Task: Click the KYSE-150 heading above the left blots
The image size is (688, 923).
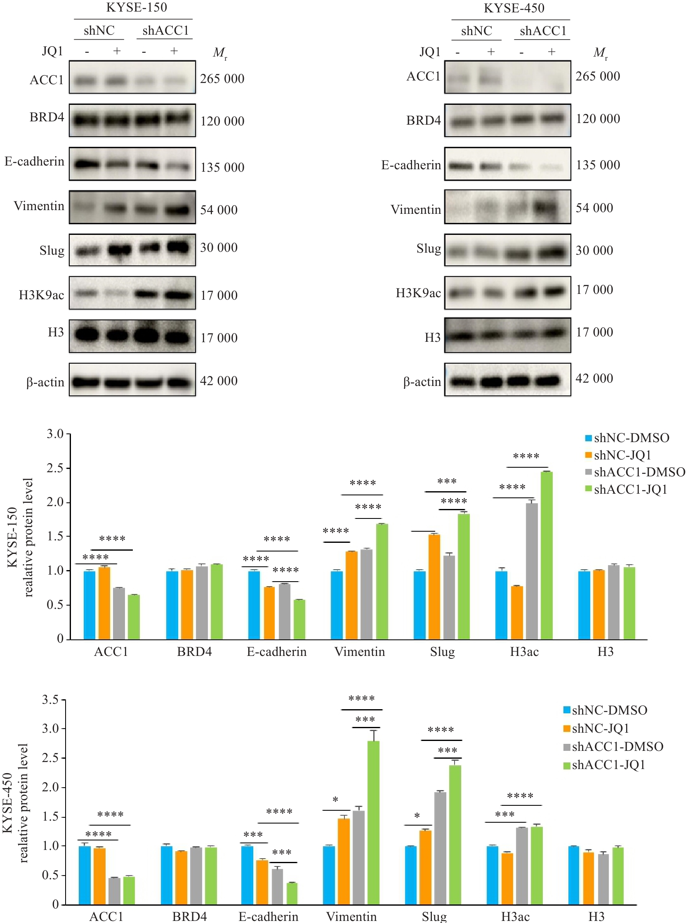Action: (x=136, y=7)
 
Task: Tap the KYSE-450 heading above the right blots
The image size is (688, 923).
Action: (x=514, y=8)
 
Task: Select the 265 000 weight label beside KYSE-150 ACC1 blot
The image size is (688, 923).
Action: (x=222, y=79)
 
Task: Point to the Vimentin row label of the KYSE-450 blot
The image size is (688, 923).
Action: (x=415, y=210)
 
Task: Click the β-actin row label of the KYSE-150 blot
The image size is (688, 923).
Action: (x=45, y=382)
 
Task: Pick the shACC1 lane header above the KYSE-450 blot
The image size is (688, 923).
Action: (x=543, y=31)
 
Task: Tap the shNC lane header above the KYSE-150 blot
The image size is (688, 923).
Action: (x=99, y=31)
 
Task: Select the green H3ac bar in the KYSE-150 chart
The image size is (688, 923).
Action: (x=546, y=555)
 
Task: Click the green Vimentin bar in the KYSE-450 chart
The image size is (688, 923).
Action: (x=373, y=823)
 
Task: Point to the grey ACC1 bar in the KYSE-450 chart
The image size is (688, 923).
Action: (x=114, y=891)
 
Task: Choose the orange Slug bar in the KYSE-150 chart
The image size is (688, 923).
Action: (x=434, y=587)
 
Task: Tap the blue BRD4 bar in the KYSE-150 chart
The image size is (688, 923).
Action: (x=172, y=605)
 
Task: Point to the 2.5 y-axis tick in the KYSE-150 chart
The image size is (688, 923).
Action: (x=55, y=468)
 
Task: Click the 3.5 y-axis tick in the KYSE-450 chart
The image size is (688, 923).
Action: (x=50, y=699)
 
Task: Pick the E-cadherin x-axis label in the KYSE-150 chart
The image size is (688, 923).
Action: (x=276, y=652)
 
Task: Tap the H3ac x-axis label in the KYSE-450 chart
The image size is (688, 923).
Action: (x=515, y=916)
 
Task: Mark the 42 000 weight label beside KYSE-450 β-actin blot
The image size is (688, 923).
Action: (x=594, y=379)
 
